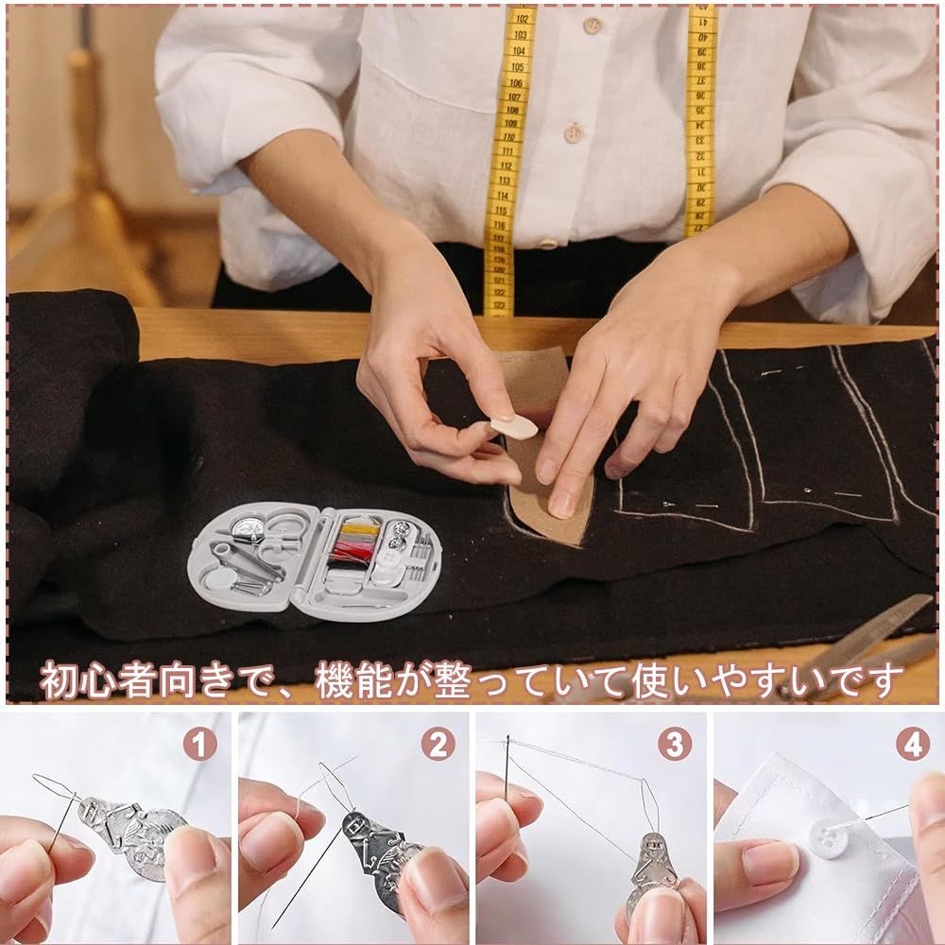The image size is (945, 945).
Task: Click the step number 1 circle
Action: pyautogui.click(x=200, y=744)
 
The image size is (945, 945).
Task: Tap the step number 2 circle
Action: pyautogui.click(x=438, y=744)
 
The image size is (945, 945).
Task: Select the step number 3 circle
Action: pyautogui.click(x=675, y=744)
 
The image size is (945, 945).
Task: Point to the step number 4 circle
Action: pyautogui.click(x=913, y=744)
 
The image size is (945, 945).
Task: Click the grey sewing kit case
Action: pyautogui.click(x=315, y=560)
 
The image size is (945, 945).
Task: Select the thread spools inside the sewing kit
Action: pyautogui.click(x=353, y=543)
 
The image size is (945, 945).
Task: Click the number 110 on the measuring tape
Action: pyautogui.click(x=509, y=137)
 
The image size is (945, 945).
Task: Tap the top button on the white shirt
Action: pyautogui.click(x=593, y=26)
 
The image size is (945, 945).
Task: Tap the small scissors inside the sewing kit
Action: pyautogui.click(x=279, y=530)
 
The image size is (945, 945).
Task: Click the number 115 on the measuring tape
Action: pyautogui.click(x=501, y=211)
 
